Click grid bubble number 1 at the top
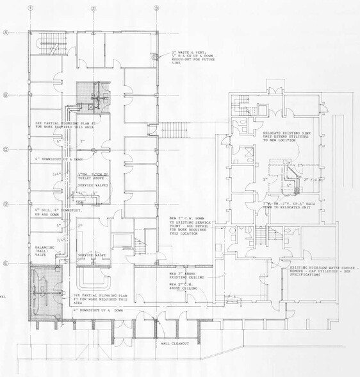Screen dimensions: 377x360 point(29,8)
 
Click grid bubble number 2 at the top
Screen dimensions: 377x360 point(94,8)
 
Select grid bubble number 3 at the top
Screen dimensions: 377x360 point(156,8)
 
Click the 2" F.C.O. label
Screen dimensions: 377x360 point(314,181)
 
